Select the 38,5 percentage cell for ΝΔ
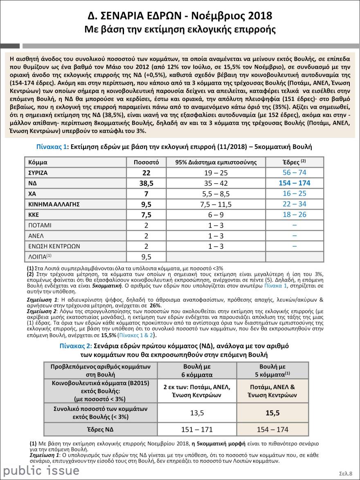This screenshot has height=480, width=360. click(x=146, y=183)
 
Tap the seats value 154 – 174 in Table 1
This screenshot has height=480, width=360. click(x=294, y=183)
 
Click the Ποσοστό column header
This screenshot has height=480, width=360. click(x=146, y=162)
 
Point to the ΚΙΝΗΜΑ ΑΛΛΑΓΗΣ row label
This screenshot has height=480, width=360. click(x=53, y=204)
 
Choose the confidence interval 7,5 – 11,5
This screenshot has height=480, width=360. click(x=216, y=204)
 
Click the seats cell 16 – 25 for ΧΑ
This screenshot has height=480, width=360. click(x=294, y=194)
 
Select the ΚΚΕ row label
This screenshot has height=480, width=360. click(x=34, y=215)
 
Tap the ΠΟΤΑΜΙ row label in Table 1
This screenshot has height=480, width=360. click(x=40, y=225)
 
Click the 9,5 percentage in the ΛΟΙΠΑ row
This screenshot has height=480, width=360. click(x=146, y=257)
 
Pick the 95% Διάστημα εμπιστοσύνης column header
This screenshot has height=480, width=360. click(x=216, y=162)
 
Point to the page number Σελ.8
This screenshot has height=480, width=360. click(x=346, y=473)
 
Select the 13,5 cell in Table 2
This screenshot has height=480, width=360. click(x=197, y=413)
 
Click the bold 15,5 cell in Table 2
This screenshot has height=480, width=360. click(x=272, y=413)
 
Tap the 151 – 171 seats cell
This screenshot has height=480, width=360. click(x=197, y=429)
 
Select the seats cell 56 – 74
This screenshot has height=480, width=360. click(x=294, y=172)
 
